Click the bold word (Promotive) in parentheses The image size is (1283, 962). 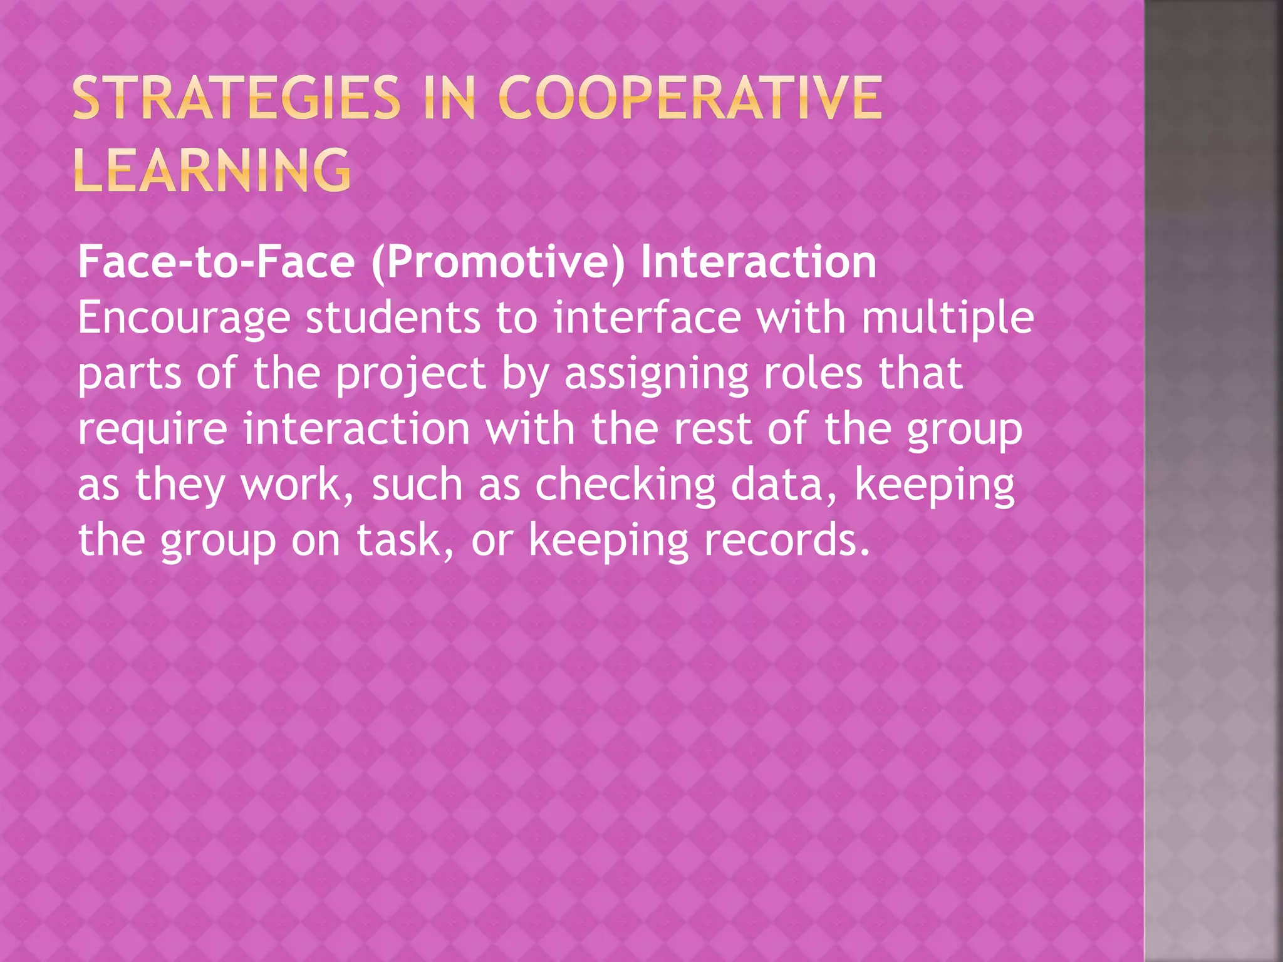[x=498, y=262]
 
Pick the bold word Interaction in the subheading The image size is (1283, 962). [x=759, y=262]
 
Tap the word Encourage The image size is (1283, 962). [x=184, y=319]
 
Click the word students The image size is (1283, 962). [x=393, y=318]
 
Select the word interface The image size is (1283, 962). [x=647, y=318]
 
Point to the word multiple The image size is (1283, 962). [x=948, y=319]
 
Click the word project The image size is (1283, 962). [x=411, y=375]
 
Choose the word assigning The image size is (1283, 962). [x=657, y=375]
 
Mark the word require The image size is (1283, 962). [x=152, y=430]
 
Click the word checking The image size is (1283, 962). [x=625, y=485]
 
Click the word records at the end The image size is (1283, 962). [x=787, y=540]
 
